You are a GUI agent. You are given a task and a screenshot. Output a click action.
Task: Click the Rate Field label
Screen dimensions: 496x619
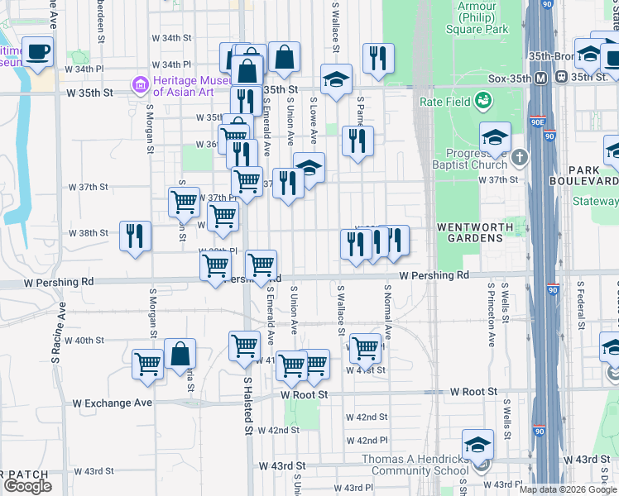pyautogui.click(x=444, y=102)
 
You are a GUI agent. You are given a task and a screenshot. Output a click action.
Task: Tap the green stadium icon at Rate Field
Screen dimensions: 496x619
pyautogui.click(x=483, y=102)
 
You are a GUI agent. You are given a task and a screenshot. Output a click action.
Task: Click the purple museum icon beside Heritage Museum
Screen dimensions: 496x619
pyautogui.click(x=138, y=84)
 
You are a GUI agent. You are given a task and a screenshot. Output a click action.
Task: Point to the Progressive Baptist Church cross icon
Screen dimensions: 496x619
pyautogui.click(x=519, y=157)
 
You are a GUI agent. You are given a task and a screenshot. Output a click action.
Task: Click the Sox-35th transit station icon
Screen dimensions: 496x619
pyautogui.click(x=540, y=77)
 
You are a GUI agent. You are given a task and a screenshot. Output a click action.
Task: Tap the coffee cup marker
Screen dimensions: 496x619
pyautogui.click(x=38, y=53)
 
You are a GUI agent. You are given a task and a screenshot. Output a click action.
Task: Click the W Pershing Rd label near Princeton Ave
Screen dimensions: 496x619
pyautogui.click(x=434, y=274)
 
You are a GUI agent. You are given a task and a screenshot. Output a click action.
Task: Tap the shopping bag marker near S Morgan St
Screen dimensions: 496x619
pyautogui.click(x=180, y=355)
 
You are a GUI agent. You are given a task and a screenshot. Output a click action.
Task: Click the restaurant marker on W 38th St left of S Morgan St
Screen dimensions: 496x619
pyautogui.click(x=135, y=236)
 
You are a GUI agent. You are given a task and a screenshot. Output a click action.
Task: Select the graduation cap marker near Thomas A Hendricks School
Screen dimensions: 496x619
pyautogui.click(x=477, y=445)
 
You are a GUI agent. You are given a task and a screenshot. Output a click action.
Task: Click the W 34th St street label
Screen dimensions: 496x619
pyautogui.click(x=171, y=38)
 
